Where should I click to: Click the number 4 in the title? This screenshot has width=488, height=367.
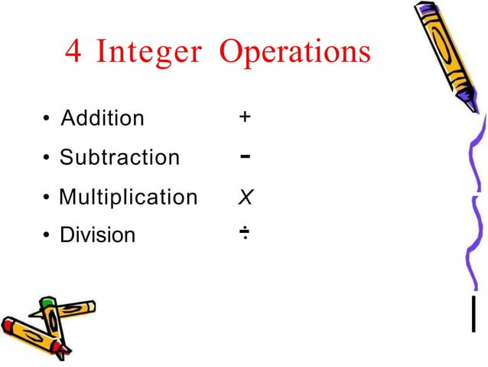click(74, 52)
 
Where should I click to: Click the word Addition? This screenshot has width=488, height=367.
click(102, 119)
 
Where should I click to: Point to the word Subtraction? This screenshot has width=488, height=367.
click(119, 158)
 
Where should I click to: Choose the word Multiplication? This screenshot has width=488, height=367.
click(128, 197)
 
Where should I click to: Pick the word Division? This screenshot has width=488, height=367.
click(97, 234)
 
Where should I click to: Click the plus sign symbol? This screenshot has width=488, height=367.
click(244, 117)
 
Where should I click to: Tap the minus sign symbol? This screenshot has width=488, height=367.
click(244, 156)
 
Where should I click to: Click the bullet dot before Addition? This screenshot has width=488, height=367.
click(47, 120)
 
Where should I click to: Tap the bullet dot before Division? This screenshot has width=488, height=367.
click(47, 235)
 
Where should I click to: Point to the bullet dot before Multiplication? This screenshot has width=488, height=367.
click(47, 198)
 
